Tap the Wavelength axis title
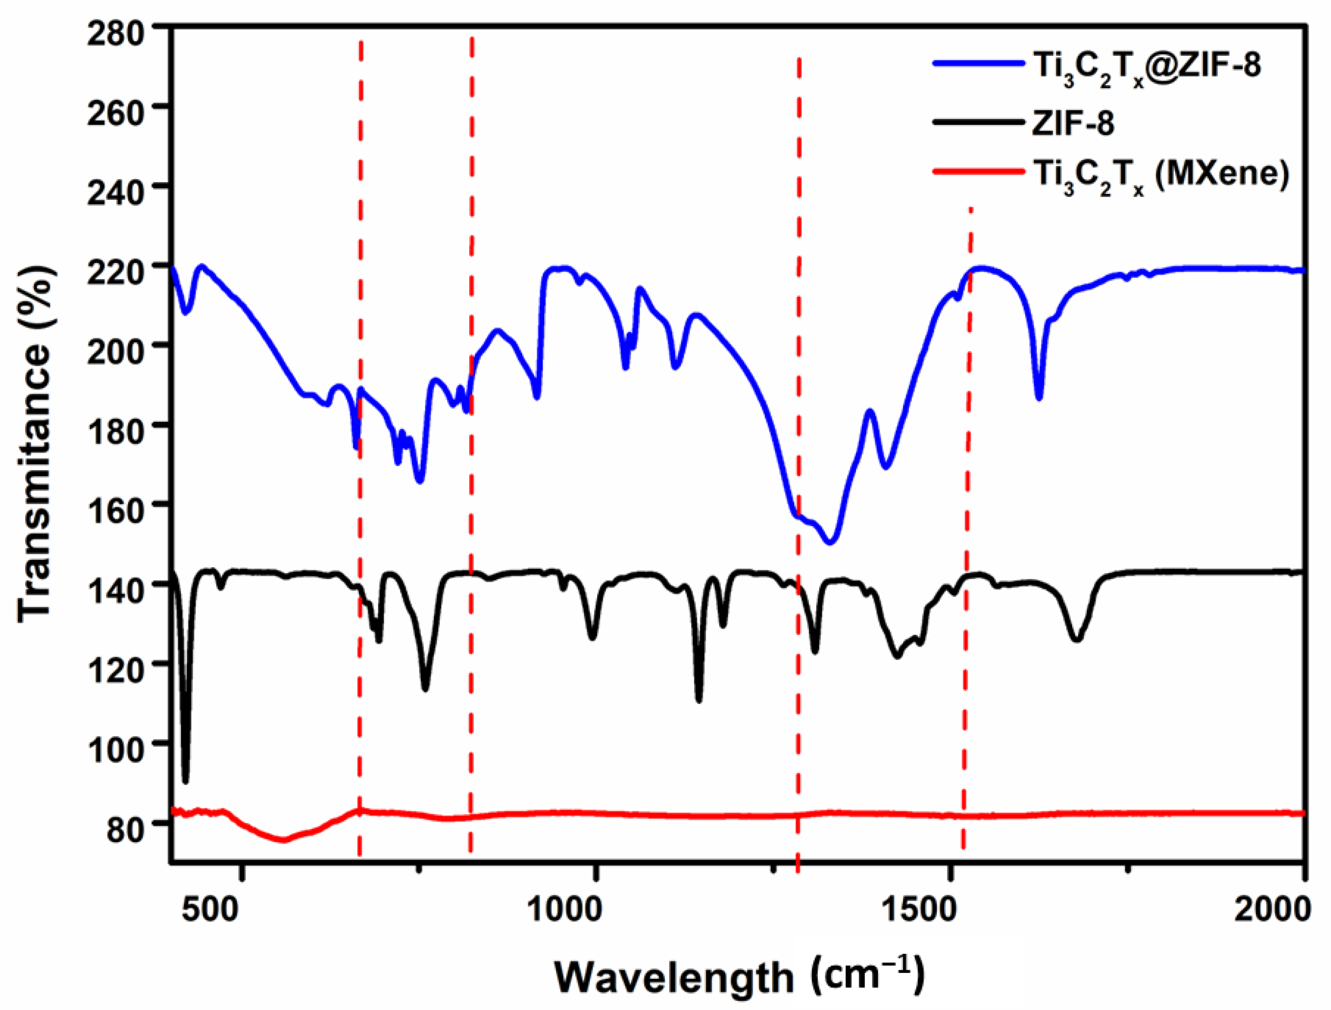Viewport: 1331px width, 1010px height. point(738,976)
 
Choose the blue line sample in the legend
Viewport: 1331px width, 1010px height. point(978,64)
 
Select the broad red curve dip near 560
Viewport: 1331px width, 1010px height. point(283,840)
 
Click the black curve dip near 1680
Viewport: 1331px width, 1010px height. point(1077,639)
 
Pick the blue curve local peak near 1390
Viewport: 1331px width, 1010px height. point(870,411)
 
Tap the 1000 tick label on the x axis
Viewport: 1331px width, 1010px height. point(564,908)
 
